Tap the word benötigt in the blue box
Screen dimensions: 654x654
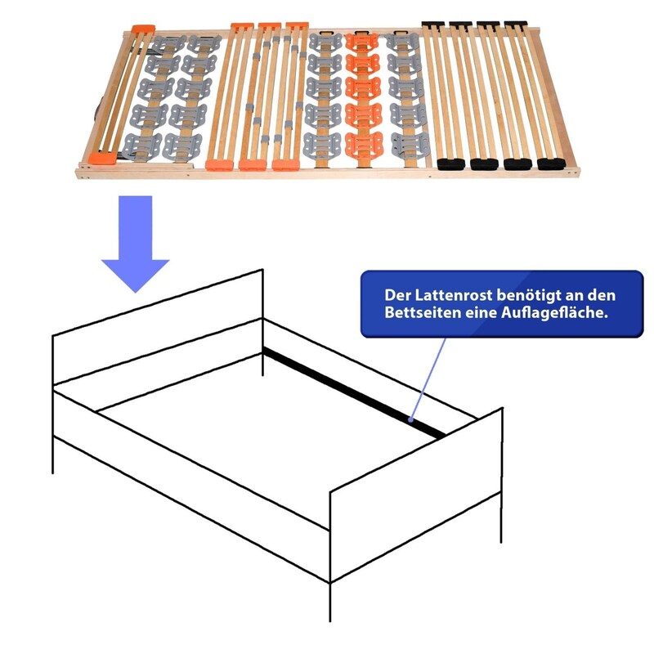pos(529,295)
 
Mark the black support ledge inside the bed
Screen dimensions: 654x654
pos(354,392)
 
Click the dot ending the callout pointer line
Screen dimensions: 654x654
pos(411,419)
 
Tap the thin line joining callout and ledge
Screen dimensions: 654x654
pos(428,379)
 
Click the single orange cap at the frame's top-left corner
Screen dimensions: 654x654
pos(143,29)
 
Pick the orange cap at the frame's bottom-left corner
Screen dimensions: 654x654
pos(103,158)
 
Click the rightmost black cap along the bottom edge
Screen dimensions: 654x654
pos(551,163)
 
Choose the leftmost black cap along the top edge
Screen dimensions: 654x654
pos(433,25)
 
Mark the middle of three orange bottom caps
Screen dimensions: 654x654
pos(253,165)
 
